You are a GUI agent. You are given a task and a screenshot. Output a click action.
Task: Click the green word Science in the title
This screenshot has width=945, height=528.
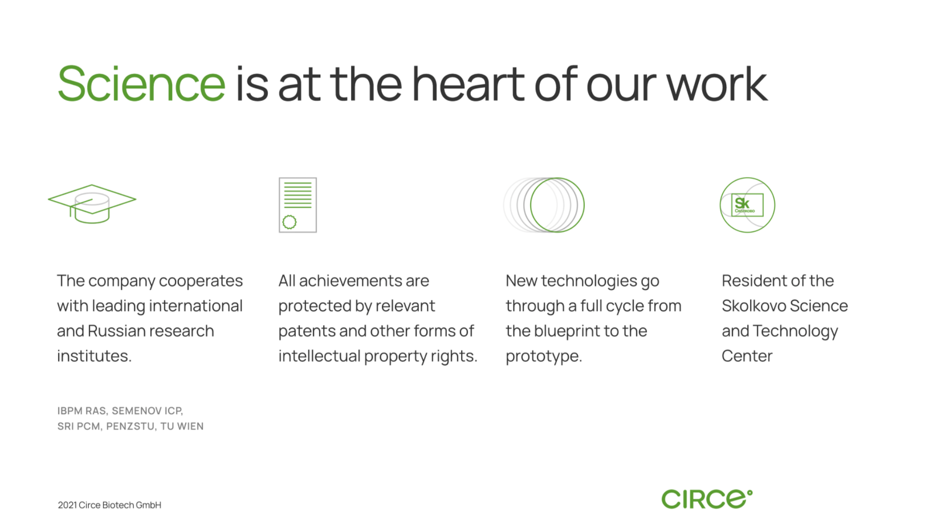pyautogui.click(x=141, y=84)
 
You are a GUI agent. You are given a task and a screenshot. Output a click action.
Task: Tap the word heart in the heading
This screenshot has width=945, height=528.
pyautogui.click(x=469, y=84)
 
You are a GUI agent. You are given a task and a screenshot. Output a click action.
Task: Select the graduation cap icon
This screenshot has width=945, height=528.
pyautogui.click(x=92, y=204)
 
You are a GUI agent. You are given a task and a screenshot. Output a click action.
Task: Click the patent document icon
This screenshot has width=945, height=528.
pyautogui.click(x=298, y=205)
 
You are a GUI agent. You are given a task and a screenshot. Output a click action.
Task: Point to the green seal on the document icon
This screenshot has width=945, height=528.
pyautogui.click(x=290, y=222)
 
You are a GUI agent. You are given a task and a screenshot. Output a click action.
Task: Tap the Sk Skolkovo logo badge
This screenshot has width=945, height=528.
pyautogui.click(x=747, y=205)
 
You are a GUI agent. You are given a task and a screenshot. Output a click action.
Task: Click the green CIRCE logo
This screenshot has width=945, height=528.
pyautogui.click(x=707, y=499)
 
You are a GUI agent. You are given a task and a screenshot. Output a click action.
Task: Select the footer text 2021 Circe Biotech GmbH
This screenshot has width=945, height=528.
pyautogui.click(x=109, y=505)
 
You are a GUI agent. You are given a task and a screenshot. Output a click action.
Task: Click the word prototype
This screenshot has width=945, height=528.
pyautogui.click(x=544, y=357)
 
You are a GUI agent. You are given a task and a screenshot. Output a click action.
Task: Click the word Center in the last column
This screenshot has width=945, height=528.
pyautogui.click(x=747, y=356)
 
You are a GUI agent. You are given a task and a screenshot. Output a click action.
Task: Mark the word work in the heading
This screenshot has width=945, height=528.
pyautogui.click(x=717, y=84)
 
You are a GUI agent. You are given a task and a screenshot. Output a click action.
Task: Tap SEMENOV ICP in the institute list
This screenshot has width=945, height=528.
pyautogui.click(x=147, y=411)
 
